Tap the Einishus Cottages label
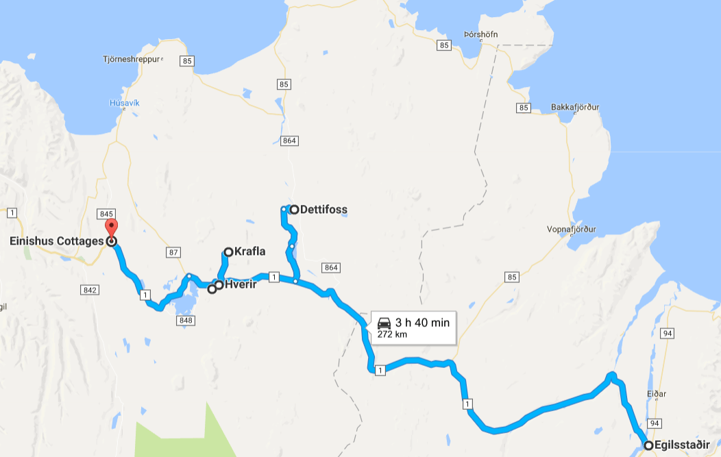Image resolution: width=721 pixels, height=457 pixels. (x=57, y=241)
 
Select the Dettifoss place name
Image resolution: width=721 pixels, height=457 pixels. (x=323, y=210)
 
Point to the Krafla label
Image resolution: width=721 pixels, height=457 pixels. (x=249, y=251)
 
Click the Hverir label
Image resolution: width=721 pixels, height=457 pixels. (x=241, y=284)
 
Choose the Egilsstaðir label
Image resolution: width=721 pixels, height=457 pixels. (x=682, y=445)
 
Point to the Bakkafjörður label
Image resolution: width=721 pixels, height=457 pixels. (x=575, y=108)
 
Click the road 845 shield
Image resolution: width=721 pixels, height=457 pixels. (x=106, y=214)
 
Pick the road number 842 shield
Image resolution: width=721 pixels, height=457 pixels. (x=89, y=291)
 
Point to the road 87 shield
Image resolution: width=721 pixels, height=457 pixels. (x=173, y=253)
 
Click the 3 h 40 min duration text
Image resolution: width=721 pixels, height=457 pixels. (x=422, y=322)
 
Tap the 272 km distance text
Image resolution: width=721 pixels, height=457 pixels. (x=387, y=334)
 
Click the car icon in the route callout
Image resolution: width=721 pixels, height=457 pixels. (x=384, y=322)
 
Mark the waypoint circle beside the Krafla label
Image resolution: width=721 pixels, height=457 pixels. (x=228, y=251)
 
